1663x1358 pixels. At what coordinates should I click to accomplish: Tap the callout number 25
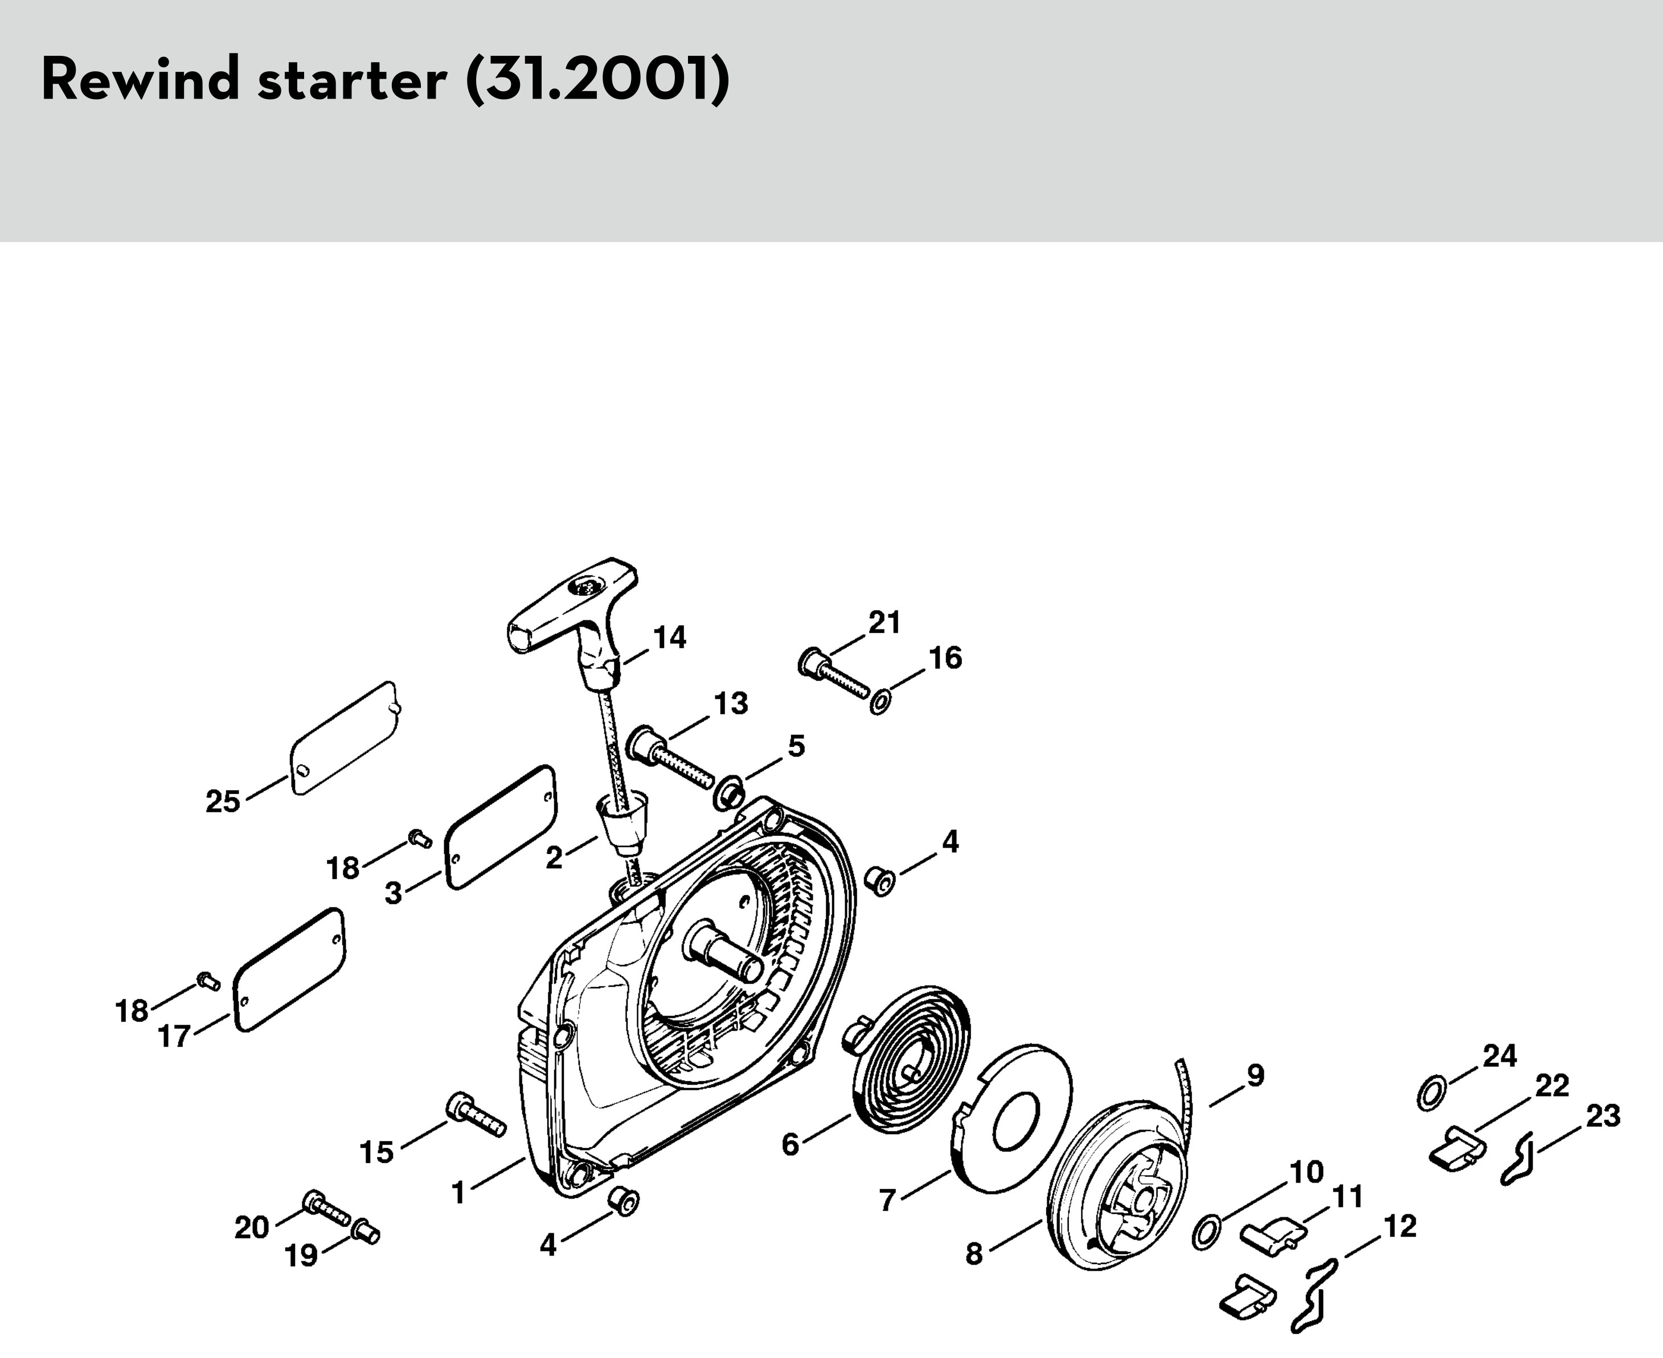(223, 802)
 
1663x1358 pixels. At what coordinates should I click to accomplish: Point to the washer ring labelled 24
(1431, 1093)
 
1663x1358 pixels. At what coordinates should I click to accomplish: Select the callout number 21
(884, 623)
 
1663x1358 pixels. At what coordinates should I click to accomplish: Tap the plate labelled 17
(289, 970)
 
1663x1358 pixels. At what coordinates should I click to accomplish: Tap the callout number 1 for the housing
(458, 1192)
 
